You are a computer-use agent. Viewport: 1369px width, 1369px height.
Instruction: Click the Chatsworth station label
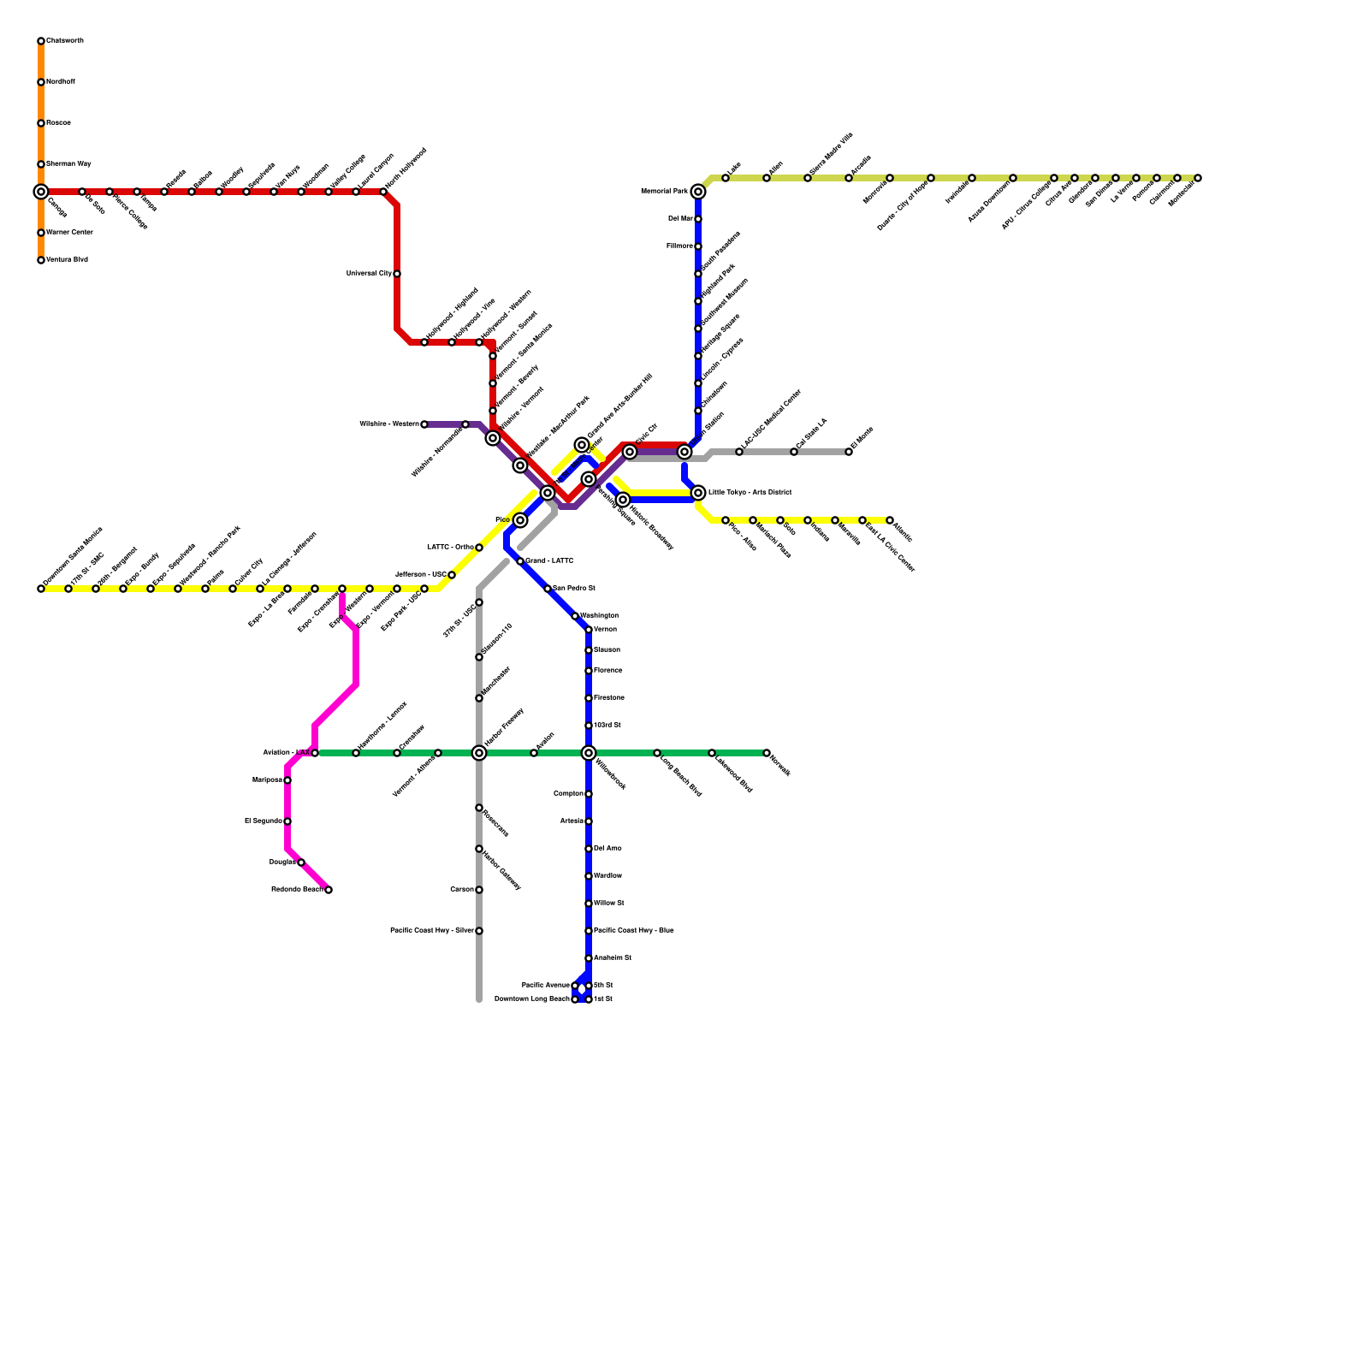click(65, 41)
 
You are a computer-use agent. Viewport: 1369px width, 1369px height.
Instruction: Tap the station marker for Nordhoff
click(41, 82)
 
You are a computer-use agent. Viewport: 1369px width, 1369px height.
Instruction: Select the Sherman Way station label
click(68, 163)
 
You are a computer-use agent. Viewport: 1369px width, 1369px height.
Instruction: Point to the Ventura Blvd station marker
click(41, 260)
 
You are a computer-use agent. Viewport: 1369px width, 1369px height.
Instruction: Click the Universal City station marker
click(397, 274)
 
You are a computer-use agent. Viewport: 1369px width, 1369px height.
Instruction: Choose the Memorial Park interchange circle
click(698, 192)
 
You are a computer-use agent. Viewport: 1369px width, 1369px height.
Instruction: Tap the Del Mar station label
click(680, 219)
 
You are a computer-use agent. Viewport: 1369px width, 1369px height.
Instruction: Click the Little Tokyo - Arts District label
click(750, 493)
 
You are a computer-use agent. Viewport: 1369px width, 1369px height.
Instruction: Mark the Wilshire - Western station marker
click(424, 424)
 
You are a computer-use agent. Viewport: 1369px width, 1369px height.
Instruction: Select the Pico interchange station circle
click(520, 520)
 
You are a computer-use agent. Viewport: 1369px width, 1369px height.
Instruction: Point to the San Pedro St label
click(573, 589)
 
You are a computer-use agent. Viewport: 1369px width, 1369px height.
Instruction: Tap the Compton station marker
click(589, 794)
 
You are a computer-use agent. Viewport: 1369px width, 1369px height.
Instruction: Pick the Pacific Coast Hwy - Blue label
click(633, 931)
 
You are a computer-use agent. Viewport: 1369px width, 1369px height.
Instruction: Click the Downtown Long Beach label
click(531, 999)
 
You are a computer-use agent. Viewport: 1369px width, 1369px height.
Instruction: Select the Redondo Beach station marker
click(329, 890)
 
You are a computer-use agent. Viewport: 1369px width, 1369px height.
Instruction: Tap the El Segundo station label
click(264, 821)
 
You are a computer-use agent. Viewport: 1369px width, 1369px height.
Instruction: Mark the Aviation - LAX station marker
click(315, 753)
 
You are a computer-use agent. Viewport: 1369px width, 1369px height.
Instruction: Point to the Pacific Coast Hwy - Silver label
click(431, 931)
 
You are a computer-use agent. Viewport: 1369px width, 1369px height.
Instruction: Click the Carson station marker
click(479, 890)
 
